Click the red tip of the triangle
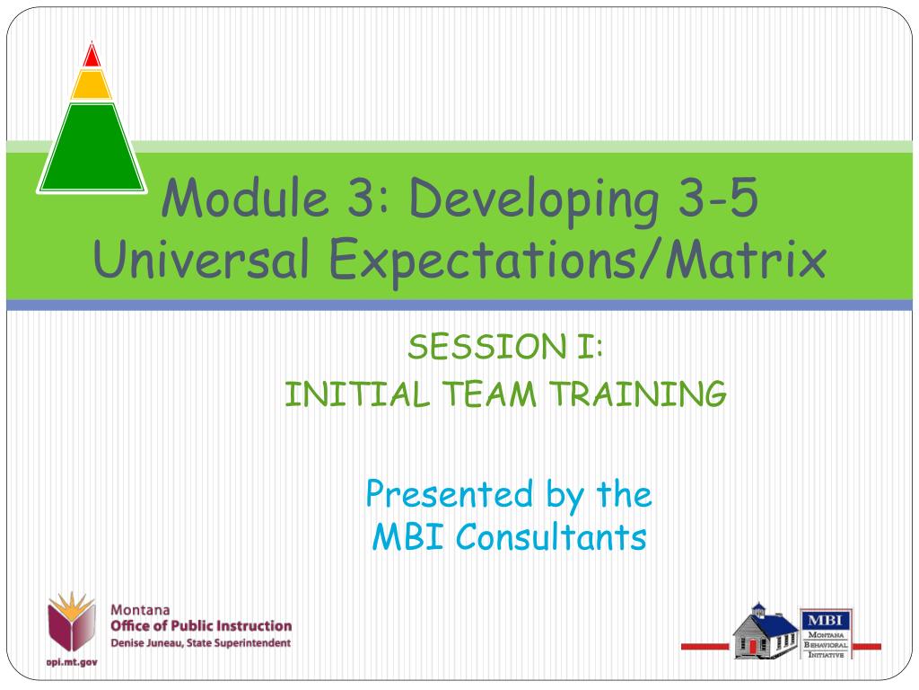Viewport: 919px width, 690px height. pyautogui.click(x=91, y=56)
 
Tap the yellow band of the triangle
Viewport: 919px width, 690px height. pyautogui.click(x=91, y=85)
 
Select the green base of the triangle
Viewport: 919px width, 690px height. pyautogui.click(x=92, y=148)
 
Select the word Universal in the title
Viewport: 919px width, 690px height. pyautogui.click(x=202, y=261)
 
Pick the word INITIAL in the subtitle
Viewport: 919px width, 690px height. pyautogui.click(x=346, y=394)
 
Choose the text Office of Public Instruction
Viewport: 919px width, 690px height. pyautogui.click(x=200, y=625)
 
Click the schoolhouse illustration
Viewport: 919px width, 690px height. pyautogui.click(x=765, y=630)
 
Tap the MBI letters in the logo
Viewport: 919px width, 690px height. pyautogui.click(x=826, y=620)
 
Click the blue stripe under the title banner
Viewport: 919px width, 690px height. pyautogui.click(x=459, y=305)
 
